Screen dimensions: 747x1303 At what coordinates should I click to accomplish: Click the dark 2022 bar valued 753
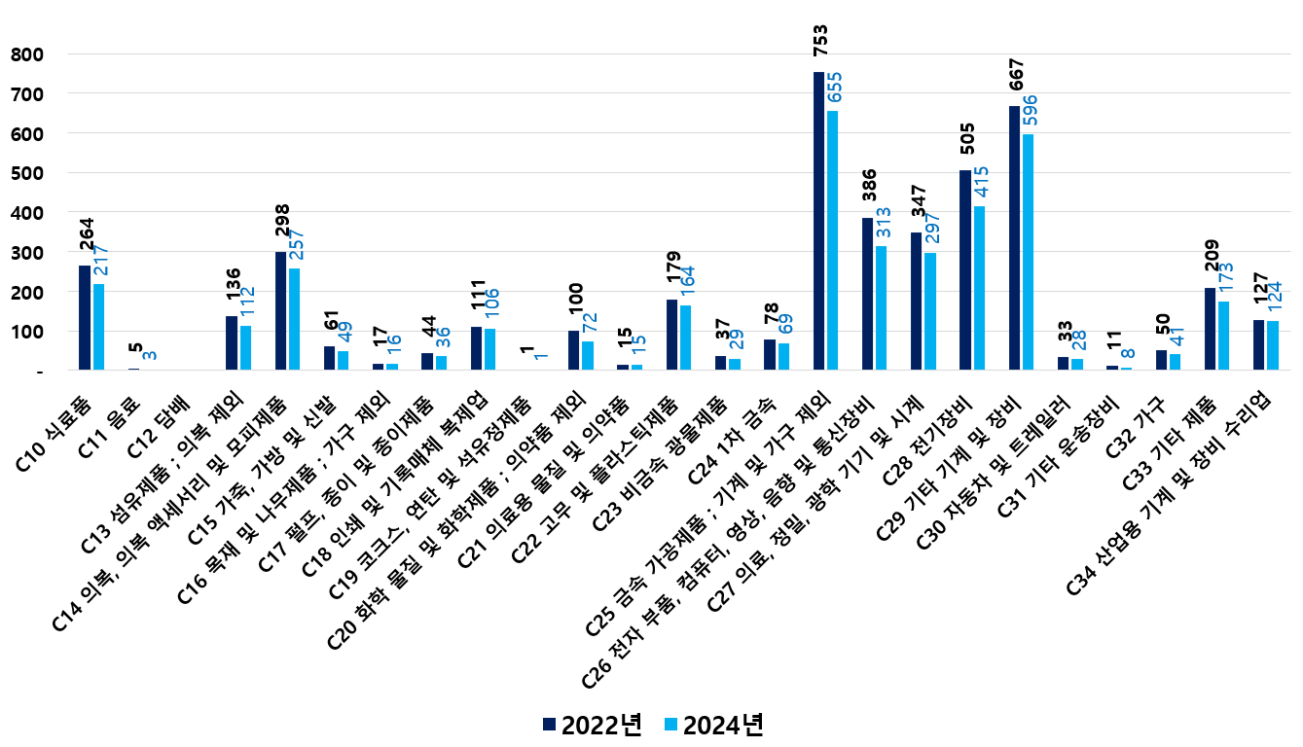(x=818, y=221)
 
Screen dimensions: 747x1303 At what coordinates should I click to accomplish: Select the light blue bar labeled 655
(x=833, y=240)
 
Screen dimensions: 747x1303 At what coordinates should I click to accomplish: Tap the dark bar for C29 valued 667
(x=1014, y=238)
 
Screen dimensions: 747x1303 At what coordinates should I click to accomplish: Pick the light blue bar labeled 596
(x=1029, y=252)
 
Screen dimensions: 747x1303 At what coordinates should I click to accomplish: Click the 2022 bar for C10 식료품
(x=85, y=317)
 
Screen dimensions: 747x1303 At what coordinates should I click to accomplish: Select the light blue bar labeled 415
(x=980, y=288)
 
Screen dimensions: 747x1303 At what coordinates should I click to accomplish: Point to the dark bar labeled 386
(x=867, y=294)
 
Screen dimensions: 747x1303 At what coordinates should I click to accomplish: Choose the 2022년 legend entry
(x=592, y=725)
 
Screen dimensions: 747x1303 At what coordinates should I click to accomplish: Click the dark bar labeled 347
(x=916, y=302)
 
